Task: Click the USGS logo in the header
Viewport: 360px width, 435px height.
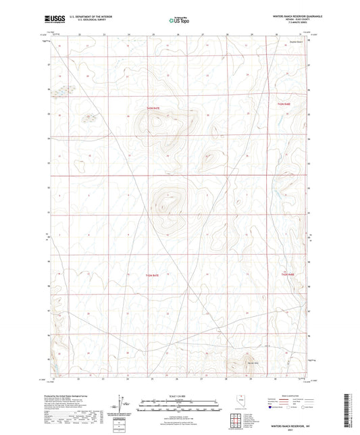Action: pos(52,20)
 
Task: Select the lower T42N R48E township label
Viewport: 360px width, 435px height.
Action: pos(288,274)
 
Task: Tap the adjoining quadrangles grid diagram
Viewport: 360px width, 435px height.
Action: pos(237,419)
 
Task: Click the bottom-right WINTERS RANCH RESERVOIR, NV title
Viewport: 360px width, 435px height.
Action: pos(290,426)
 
